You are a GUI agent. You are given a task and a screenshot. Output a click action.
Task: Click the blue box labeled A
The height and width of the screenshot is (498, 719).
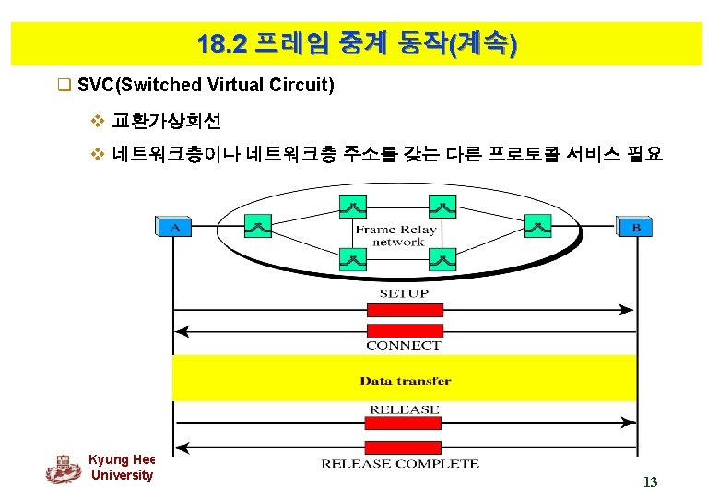175,227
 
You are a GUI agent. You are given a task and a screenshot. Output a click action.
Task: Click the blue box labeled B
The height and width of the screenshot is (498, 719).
635,227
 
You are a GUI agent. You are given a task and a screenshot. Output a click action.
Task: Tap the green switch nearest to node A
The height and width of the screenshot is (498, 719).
258,224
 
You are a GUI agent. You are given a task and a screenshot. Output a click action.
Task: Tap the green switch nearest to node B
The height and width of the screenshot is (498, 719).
536,224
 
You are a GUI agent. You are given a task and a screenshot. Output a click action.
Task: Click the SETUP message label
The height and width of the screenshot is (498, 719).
404,293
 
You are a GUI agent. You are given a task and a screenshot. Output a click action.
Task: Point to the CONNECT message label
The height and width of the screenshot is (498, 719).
404,345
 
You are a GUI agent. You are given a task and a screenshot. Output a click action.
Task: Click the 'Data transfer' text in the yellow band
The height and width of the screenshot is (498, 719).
406,380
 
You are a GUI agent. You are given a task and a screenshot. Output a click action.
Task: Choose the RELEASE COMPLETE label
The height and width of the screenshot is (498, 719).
400,463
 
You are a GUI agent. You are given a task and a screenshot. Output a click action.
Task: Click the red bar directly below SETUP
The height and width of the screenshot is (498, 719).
404,309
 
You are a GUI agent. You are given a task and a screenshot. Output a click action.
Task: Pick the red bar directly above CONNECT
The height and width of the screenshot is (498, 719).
404,330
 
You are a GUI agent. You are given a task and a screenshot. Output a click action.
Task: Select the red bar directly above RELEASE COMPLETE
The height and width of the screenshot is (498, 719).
404,445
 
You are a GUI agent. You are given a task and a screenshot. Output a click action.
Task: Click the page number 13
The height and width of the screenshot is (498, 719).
650,481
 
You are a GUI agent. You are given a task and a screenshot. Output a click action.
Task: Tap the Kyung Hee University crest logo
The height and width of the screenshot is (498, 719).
63,468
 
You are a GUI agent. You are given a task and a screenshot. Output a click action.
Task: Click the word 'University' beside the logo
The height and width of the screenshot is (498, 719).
122,475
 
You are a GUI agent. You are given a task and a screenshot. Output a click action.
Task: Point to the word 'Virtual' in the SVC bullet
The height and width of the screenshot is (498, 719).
230,86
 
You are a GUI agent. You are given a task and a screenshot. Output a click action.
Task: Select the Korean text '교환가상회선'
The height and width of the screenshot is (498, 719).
166,121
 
